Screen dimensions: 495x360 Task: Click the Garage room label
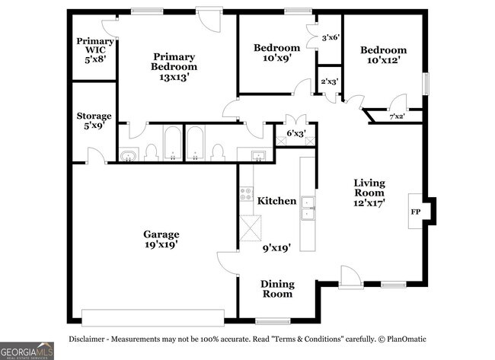tap(161, 234)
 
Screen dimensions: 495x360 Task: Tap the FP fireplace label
tap(416, 212)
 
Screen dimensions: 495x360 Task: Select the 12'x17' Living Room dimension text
tap(369, 202)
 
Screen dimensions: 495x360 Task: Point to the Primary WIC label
tap(95, 46)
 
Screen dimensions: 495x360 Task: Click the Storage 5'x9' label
tap(94, 120)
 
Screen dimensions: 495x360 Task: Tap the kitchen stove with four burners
tap(246, 194)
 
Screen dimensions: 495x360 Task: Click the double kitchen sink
tap(308, 208)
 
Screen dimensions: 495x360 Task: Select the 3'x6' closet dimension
tap(331, 38)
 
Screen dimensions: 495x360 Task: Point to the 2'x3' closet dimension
tap(330, 81)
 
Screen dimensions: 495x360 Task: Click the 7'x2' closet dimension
tap(397, 116)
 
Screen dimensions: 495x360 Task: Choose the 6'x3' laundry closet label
tap(296, 133)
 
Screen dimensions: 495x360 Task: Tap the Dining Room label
tap(278, 289)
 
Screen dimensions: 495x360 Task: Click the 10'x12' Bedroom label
tap(384, 55)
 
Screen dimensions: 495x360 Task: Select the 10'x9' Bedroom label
tap(277, 53)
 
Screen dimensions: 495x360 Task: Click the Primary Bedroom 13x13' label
tap(174, 66)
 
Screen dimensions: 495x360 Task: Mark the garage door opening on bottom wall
tap(153, 317)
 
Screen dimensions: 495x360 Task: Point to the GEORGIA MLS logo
tap(27, 351)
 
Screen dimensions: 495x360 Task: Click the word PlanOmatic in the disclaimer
tap(407, 339)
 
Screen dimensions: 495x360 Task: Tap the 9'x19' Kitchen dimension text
tap(277, 248)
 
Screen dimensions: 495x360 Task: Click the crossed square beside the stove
tap(251, 228)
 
